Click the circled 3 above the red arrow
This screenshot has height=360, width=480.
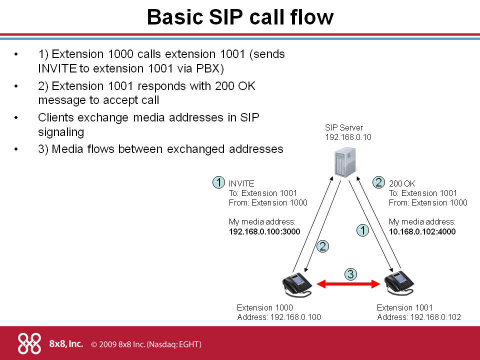coord(350,273)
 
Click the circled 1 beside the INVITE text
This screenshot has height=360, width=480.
coord(218,182)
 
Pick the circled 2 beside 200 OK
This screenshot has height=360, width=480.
coord(379,182)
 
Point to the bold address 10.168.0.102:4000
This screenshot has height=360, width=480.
coord(422,231)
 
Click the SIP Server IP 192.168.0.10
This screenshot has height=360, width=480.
coord(348,136)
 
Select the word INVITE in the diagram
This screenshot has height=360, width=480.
coord(241,183)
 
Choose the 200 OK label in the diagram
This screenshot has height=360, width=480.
coord(402,183)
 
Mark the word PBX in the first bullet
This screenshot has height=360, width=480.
coord(205,67)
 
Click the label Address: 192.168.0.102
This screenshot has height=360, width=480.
coord(418,317)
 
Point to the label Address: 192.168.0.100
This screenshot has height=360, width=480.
coord(278,317)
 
